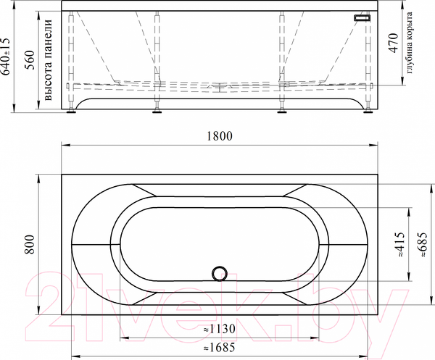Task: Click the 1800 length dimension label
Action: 219,135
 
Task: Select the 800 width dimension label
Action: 29,245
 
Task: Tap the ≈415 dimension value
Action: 399,244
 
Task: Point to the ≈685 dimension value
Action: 423,244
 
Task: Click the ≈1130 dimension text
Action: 218,327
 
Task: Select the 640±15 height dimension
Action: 7,59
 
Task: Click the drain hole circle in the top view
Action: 219,274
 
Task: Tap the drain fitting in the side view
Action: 219,86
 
